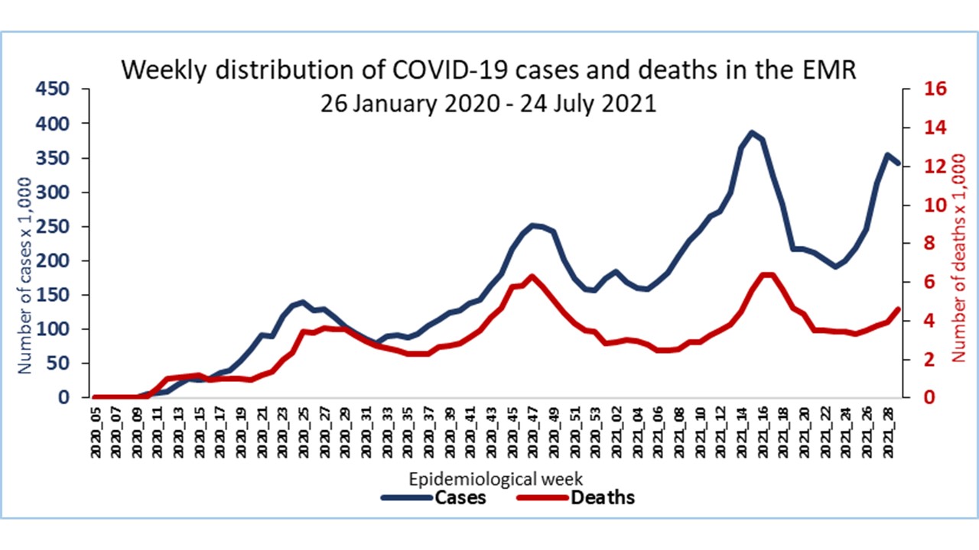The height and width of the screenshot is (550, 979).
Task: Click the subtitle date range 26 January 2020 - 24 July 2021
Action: coord(489,103)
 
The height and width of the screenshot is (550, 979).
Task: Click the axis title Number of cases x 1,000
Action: coord(24,275)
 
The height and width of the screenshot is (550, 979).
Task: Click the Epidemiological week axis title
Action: coord(496,480)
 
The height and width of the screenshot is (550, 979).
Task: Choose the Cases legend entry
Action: coord(434,498)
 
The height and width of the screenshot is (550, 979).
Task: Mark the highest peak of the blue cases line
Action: coord(753,132)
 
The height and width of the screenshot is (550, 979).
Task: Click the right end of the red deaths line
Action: coord(899,309)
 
